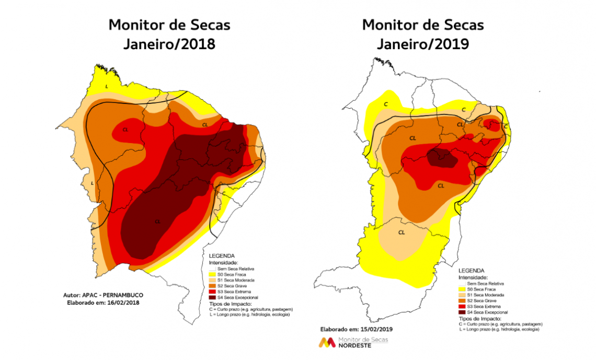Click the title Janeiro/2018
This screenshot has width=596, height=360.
coord(169,44)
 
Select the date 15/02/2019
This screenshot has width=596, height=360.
coord(374,329)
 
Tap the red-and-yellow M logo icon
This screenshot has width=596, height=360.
coord(328,343)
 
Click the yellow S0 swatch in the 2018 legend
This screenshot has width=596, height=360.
coord(212,274)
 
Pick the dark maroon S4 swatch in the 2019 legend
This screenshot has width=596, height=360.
coord(461,311)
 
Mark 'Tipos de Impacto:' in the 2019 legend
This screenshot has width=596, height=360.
coord(479,318)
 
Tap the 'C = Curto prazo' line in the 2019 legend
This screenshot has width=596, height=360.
coord(499,324)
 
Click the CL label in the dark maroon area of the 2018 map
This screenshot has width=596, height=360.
coord(157,222)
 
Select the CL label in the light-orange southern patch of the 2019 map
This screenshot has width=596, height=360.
coord(402,233)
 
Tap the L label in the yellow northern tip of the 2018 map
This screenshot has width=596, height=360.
coord(107,86)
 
